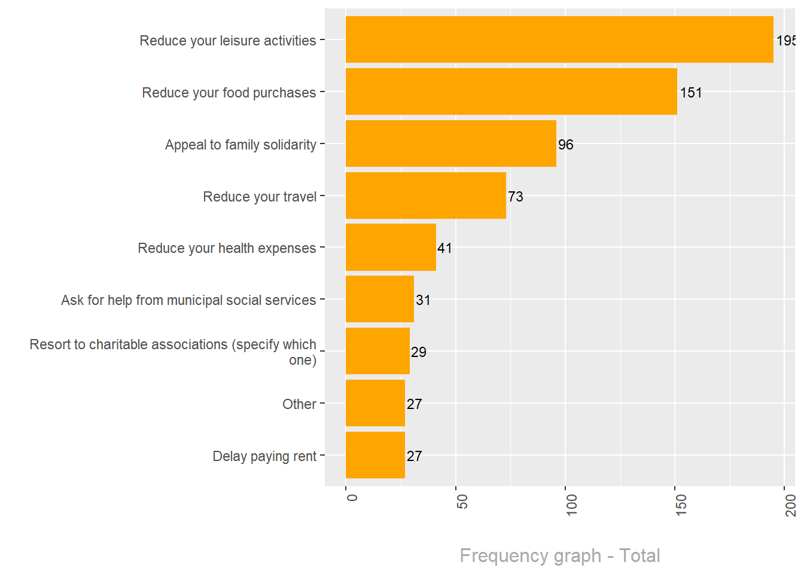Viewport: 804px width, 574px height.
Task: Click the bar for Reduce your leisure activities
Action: [x=559, y=39]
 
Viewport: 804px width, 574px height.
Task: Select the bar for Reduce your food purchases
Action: [x=511, y=91]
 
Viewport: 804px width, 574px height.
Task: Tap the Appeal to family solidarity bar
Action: [x=450, y=143]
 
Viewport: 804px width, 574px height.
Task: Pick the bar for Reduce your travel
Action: [x=425, y=196]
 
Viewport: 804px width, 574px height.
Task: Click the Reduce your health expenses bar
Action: [x=391, y=248]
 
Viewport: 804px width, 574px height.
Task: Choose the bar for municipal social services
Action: [x=379, y=299]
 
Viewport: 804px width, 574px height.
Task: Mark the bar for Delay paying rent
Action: [x=375, y=455]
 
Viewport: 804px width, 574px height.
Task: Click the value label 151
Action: [x=691, y=93]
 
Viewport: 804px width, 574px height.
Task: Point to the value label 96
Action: [x=565, y=145]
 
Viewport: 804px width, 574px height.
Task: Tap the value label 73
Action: [x=515, y=197]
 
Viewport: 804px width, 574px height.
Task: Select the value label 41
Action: [x=444, y=248]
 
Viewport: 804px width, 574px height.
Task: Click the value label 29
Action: [x=418, y=352]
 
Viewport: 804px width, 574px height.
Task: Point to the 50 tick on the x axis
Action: [x=462, y=502]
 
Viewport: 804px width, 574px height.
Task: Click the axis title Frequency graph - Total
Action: [x=559, y=555]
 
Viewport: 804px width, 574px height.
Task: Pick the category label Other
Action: [x=299, y=404]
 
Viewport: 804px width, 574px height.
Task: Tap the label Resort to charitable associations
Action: [x=173, y=352]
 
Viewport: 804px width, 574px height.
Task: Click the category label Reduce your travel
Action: [x=259, y=197]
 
